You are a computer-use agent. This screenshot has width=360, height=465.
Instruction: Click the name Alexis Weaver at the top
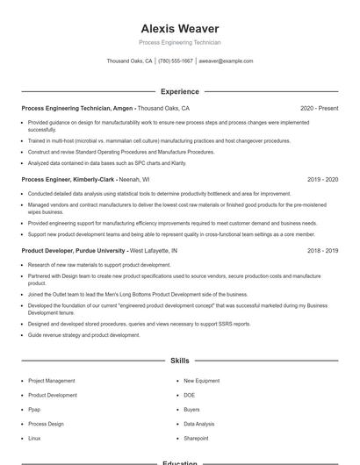[180, 29]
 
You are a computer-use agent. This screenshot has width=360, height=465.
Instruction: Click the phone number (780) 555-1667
[176, 61]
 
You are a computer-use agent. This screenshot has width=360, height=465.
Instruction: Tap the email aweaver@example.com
[226, 61]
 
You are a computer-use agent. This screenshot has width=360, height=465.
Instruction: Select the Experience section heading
[180, 91]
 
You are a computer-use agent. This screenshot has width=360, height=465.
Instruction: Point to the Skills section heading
[180, 361]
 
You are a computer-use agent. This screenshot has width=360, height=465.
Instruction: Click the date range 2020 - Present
[319, 108]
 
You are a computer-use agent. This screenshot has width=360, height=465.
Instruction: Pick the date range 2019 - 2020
[322, 179]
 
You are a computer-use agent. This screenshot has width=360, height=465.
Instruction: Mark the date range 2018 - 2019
[322, 250]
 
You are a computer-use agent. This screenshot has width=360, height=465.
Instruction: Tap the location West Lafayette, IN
[154, 250]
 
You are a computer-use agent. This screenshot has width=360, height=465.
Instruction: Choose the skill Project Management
[51, 381]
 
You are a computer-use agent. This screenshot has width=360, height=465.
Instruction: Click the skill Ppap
[34, 409]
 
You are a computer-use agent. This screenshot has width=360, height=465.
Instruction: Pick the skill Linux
[34, 437]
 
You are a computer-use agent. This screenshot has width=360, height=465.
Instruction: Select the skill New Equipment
[200, 381]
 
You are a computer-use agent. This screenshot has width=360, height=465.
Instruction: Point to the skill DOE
[189, 395]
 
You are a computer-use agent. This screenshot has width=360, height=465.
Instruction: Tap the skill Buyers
[191, 409]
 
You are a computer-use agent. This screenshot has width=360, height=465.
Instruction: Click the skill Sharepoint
[196, 437]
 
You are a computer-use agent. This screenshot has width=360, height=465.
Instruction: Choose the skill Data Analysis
[198, 423]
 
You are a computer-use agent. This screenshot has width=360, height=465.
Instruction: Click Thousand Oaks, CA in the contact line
[129, 61]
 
